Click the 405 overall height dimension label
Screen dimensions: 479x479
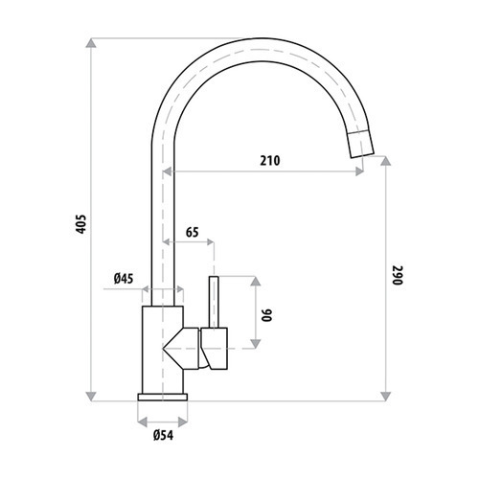coord(82,224)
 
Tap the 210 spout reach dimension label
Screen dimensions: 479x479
coord(270,161)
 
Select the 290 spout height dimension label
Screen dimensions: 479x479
coord(398,275)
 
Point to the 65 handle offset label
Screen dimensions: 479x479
coord(192,232)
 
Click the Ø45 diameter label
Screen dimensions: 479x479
coord(124,279)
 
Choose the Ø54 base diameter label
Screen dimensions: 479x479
coord(163,435)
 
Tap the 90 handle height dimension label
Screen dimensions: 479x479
coord(266,315)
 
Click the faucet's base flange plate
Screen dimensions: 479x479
coord(163,397)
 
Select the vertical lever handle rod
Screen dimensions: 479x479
coord(214,302)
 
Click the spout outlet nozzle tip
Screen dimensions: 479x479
coord(361,144)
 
